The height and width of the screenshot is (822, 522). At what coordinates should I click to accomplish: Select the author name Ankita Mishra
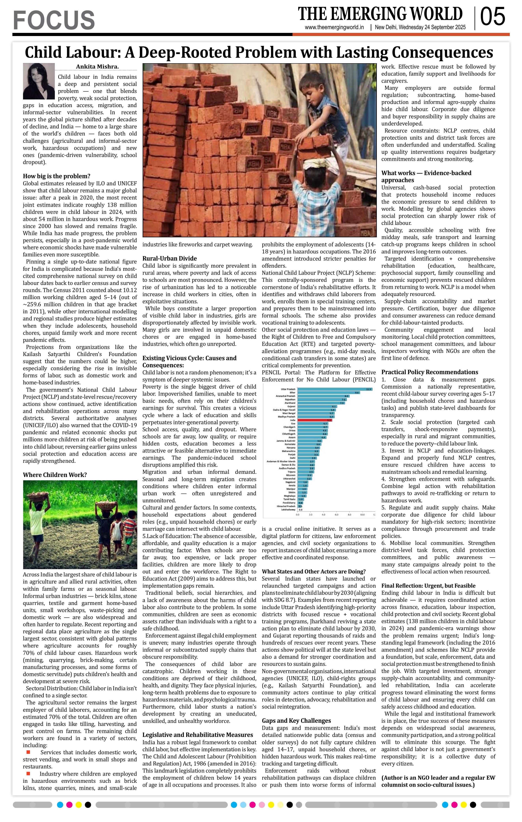(x=97, y=67)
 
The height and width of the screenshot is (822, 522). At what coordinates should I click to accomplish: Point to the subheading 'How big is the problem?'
(x=57, y=176)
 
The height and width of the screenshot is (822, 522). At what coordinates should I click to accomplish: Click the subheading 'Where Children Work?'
(x=55, y=475)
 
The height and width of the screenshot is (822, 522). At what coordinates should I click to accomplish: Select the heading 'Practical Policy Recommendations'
(x=429, y=372)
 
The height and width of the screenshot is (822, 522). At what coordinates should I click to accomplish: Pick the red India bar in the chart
(x=314, y=420)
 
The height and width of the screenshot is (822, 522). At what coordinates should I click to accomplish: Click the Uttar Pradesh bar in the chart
(x=334, y=389)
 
